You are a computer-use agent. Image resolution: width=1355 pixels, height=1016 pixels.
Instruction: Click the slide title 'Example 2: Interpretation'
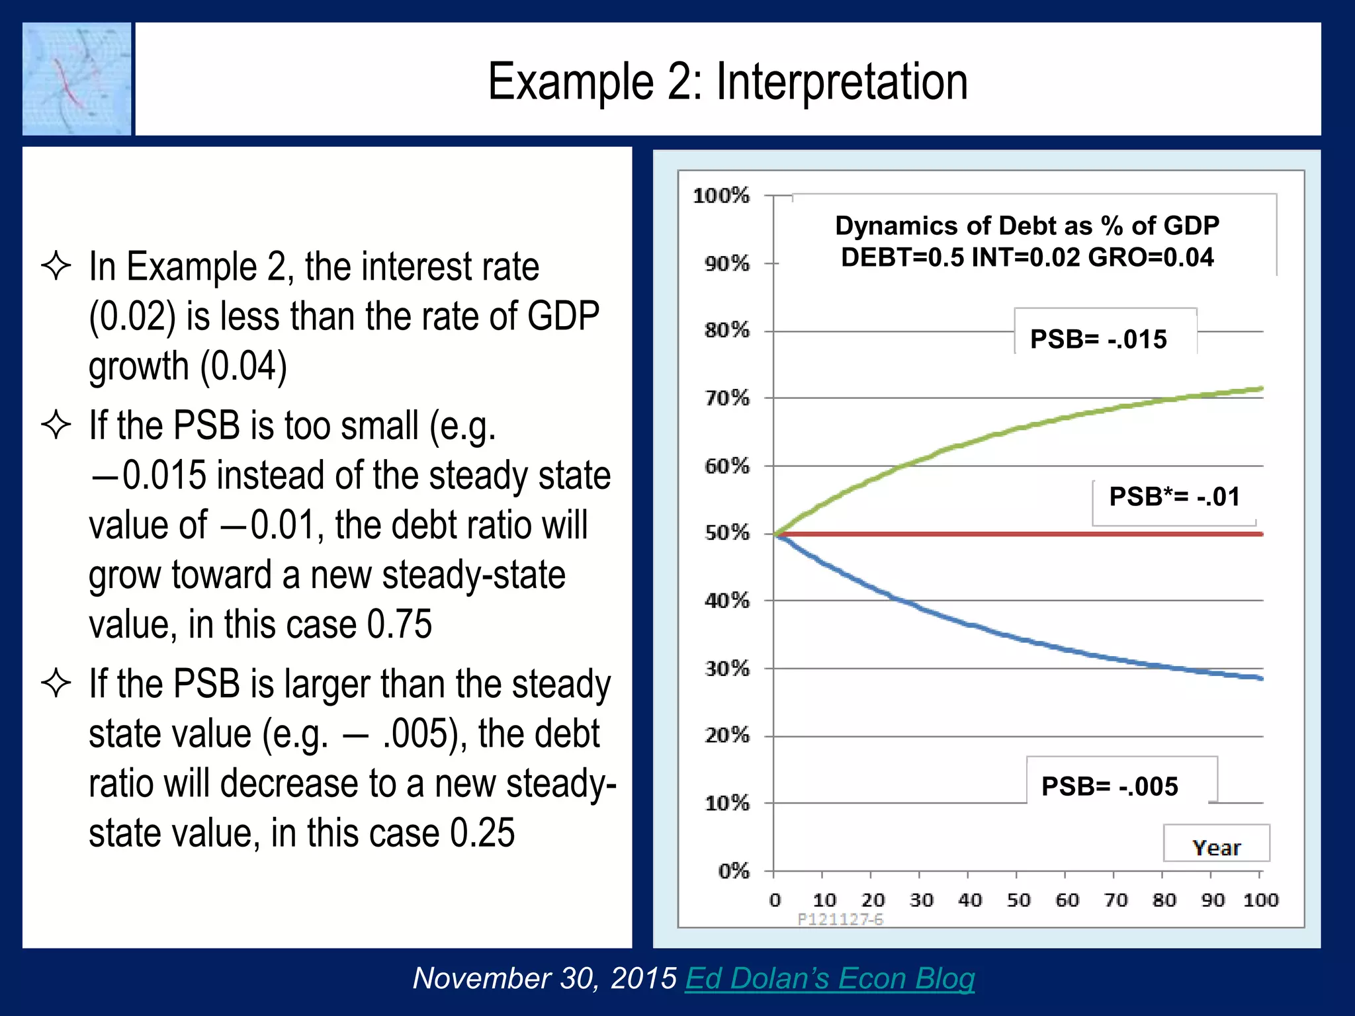coord(728,81)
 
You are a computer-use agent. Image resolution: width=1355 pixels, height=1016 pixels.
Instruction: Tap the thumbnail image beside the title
coord(77,79)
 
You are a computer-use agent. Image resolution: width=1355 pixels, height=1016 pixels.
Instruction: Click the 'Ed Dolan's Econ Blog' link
coord(830,978)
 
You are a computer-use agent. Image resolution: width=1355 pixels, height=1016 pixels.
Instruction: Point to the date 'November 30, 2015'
coord(545,978)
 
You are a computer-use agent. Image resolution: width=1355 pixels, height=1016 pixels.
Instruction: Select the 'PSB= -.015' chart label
coord(1098,339)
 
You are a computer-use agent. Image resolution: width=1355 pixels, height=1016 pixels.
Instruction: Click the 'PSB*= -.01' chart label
coord(1174,497)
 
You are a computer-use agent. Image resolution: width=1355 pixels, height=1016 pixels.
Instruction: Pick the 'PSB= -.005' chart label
coord(1110,786)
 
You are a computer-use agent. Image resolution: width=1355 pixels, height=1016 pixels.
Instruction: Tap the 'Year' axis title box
coord(1216,847)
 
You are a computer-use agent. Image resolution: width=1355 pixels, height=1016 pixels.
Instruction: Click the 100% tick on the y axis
coord(721,196)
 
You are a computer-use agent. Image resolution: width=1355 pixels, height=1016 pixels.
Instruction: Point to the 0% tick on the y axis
coord(734,871)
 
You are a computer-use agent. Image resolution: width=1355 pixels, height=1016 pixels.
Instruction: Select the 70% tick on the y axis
coord(727,398)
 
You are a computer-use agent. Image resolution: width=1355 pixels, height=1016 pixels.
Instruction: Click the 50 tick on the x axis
coord(1018,900)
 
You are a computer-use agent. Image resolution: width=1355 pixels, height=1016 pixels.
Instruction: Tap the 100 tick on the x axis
coord(1260,900)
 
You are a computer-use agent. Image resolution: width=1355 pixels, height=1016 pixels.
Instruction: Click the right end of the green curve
coord(1260,389)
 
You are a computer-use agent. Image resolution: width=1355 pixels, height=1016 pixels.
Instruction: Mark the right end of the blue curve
coord(1260,678)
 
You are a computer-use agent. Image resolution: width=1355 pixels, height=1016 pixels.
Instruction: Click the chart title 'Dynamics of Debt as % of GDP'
coord(1027,226)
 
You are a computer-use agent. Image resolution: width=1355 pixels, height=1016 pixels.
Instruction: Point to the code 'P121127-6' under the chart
coord(840,919)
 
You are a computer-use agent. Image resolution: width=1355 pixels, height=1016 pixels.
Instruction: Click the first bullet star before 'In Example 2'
coord(56,267)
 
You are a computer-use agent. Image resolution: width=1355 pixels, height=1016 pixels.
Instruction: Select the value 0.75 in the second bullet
coord(399,624)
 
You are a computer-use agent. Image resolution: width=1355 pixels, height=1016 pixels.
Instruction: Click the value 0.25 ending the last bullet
coord(482,833)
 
